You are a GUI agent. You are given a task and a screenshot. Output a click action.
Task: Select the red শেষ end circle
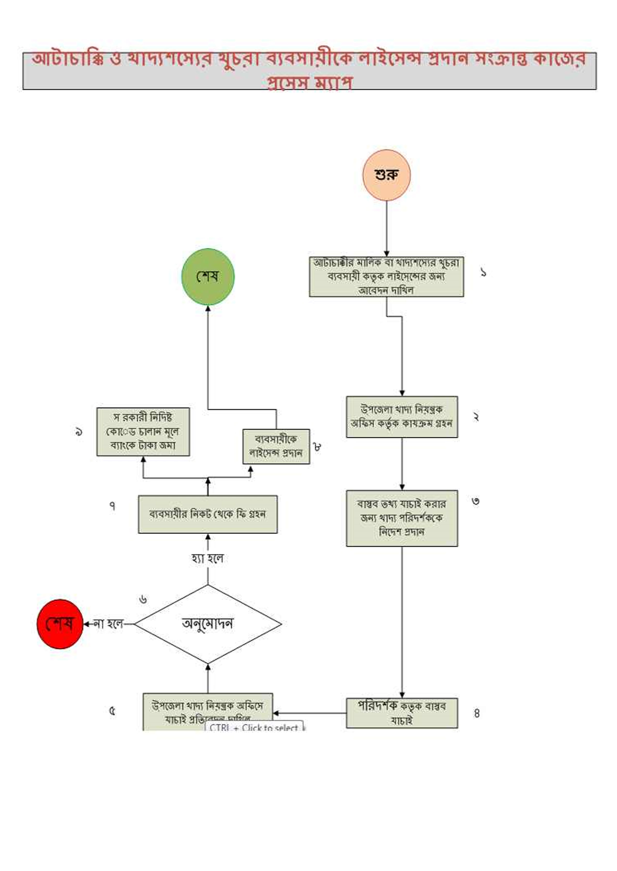[60, 624]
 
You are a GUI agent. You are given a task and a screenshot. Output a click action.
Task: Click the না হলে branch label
[108, 624]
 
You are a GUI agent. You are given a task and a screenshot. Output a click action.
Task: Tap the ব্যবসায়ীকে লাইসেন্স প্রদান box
[276, 446]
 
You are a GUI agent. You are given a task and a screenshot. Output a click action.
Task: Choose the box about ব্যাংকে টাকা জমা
[143, 432]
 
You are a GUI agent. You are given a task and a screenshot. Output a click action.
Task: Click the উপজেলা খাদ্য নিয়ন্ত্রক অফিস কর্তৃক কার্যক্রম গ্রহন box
[402, 417]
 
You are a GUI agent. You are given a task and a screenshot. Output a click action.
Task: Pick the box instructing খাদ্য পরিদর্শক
[402, 518]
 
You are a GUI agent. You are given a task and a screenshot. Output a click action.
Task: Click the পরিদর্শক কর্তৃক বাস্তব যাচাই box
[402, 713]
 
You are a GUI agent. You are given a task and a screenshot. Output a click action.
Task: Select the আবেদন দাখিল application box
[386, 277]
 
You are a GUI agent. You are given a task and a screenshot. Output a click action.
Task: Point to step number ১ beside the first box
[483, 272]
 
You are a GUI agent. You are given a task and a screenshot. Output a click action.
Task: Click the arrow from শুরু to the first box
[386, 228]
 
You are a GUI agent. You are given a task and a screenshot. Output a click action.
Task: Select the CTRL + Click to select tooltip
[254, 728]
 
